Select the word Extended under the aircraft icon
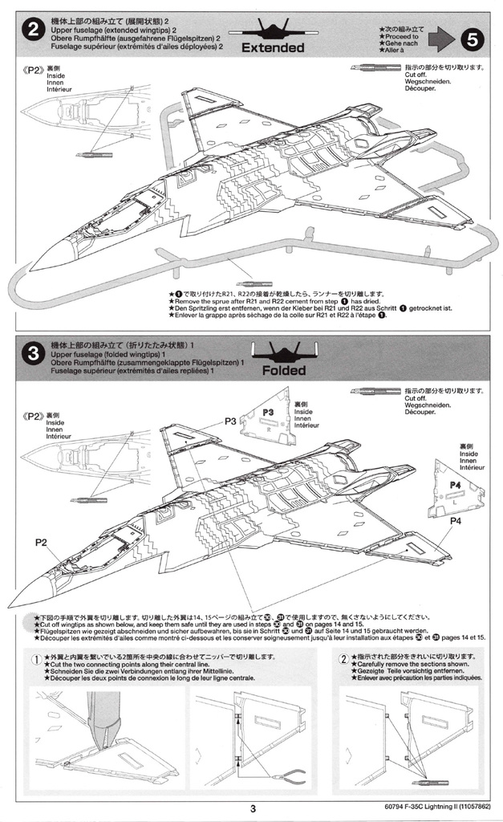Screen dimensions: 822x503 coord(273,47)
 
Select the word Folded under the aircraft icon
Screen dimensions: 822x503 coord(283,371)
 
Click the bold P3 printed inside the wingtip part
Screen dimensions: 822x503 coord(268,413)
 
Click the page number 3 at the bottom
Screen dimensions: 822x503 coord(252,808)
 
